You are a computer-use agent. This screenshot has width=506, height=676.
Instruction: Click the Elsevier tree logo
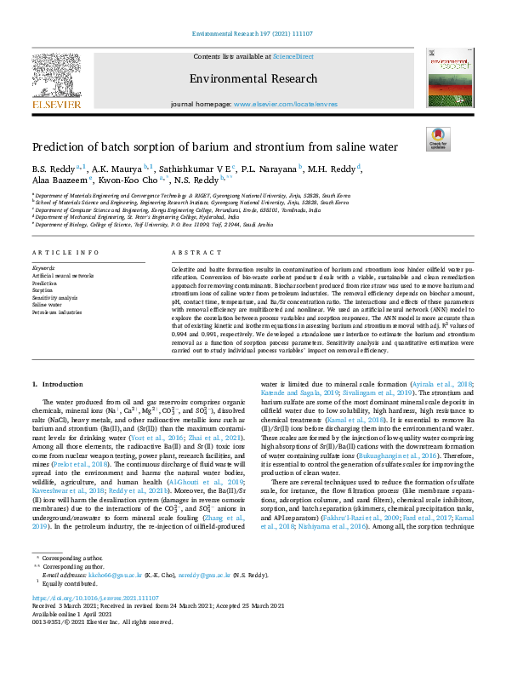click(57, 76)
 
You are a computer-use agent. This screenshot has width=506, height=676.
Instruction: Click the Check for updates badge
click(438, 140)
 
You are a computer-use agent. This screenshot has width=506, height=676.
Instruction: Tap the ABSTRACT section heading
click(190, 254)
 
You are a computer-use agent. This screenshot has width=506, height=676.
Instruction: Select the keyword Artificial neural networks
click(63, 276)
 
